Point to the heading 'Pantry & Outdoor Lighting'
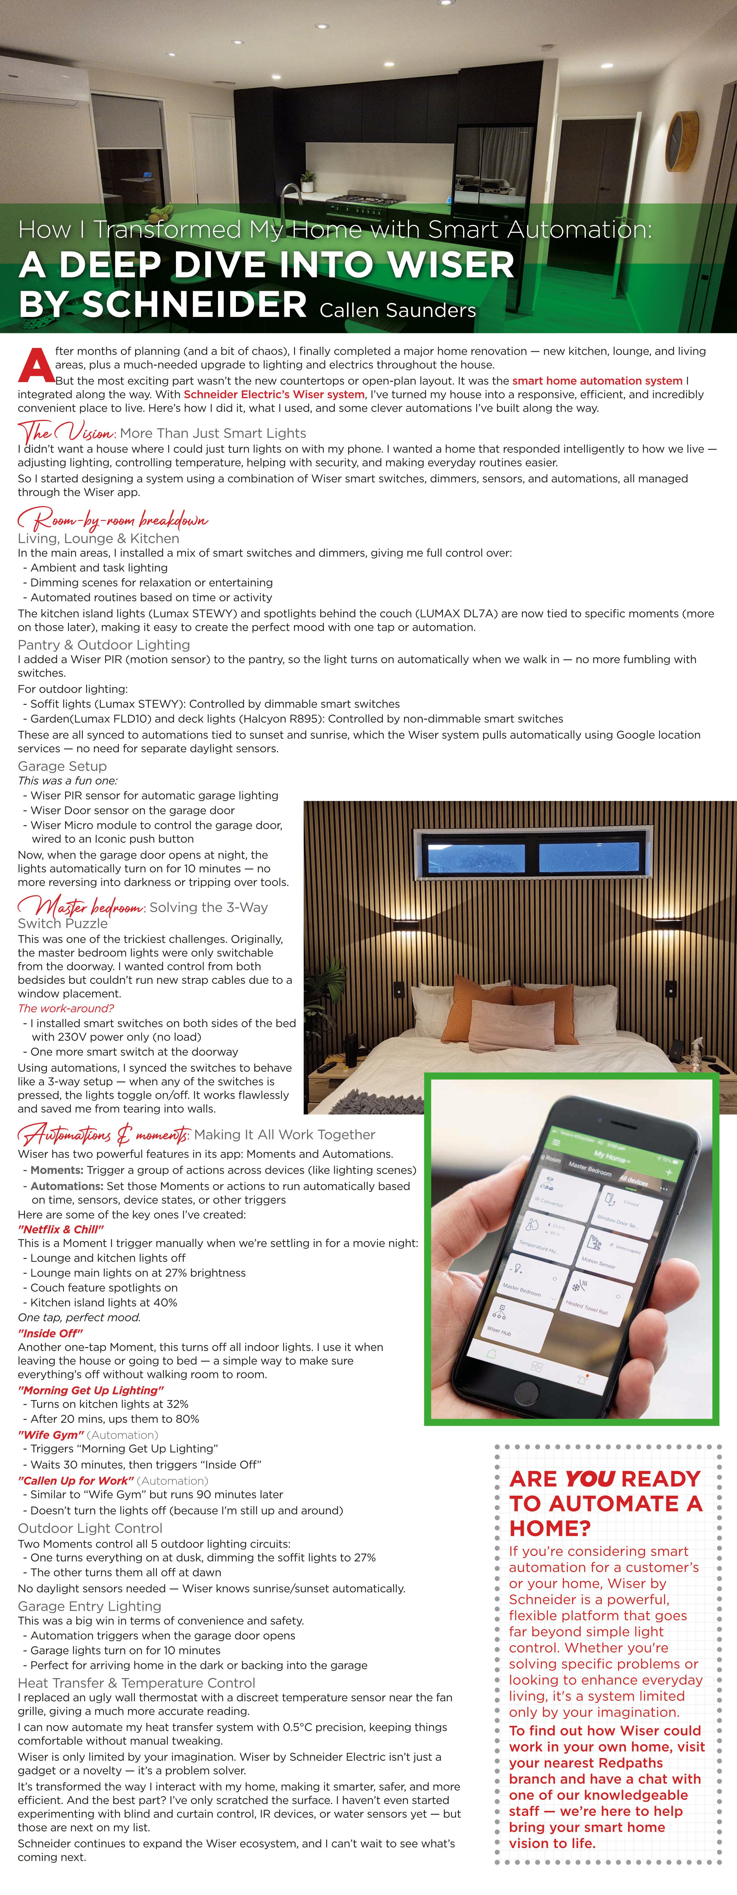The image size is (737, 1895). click(x=104, y=644)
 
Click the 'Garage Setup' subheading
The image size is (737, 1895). click(x=62, y=766)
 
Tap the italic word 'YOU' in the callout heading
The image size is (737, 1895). click(x=590, y=1478)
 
